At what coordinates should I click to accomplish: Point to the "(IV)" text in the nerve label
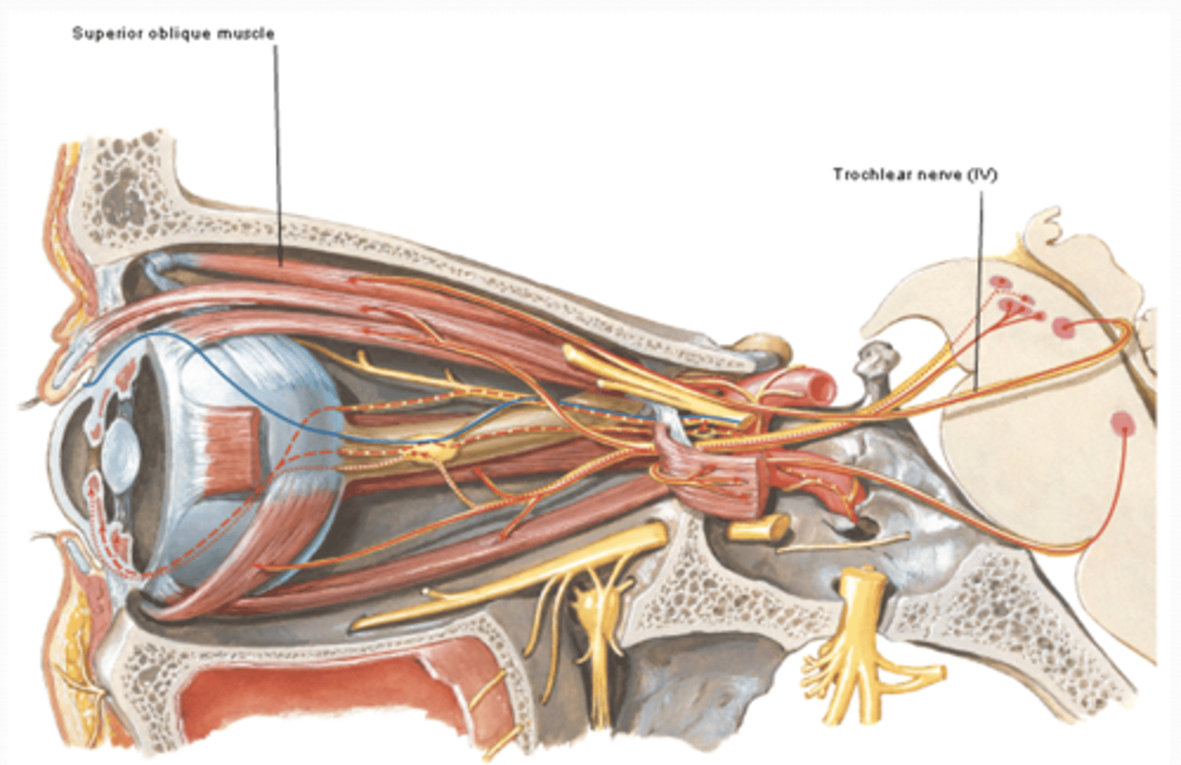click(983, 175)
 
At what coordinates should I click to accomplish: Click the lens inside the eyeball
click(121, 451)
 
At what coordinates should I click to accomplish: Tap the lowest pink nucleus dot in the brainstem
click(1122, 423)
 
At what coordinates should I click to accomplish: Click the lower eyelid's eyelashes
click(48, 538)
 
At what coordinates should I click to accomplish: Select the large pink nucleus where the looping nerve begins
click(1065, 328)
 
